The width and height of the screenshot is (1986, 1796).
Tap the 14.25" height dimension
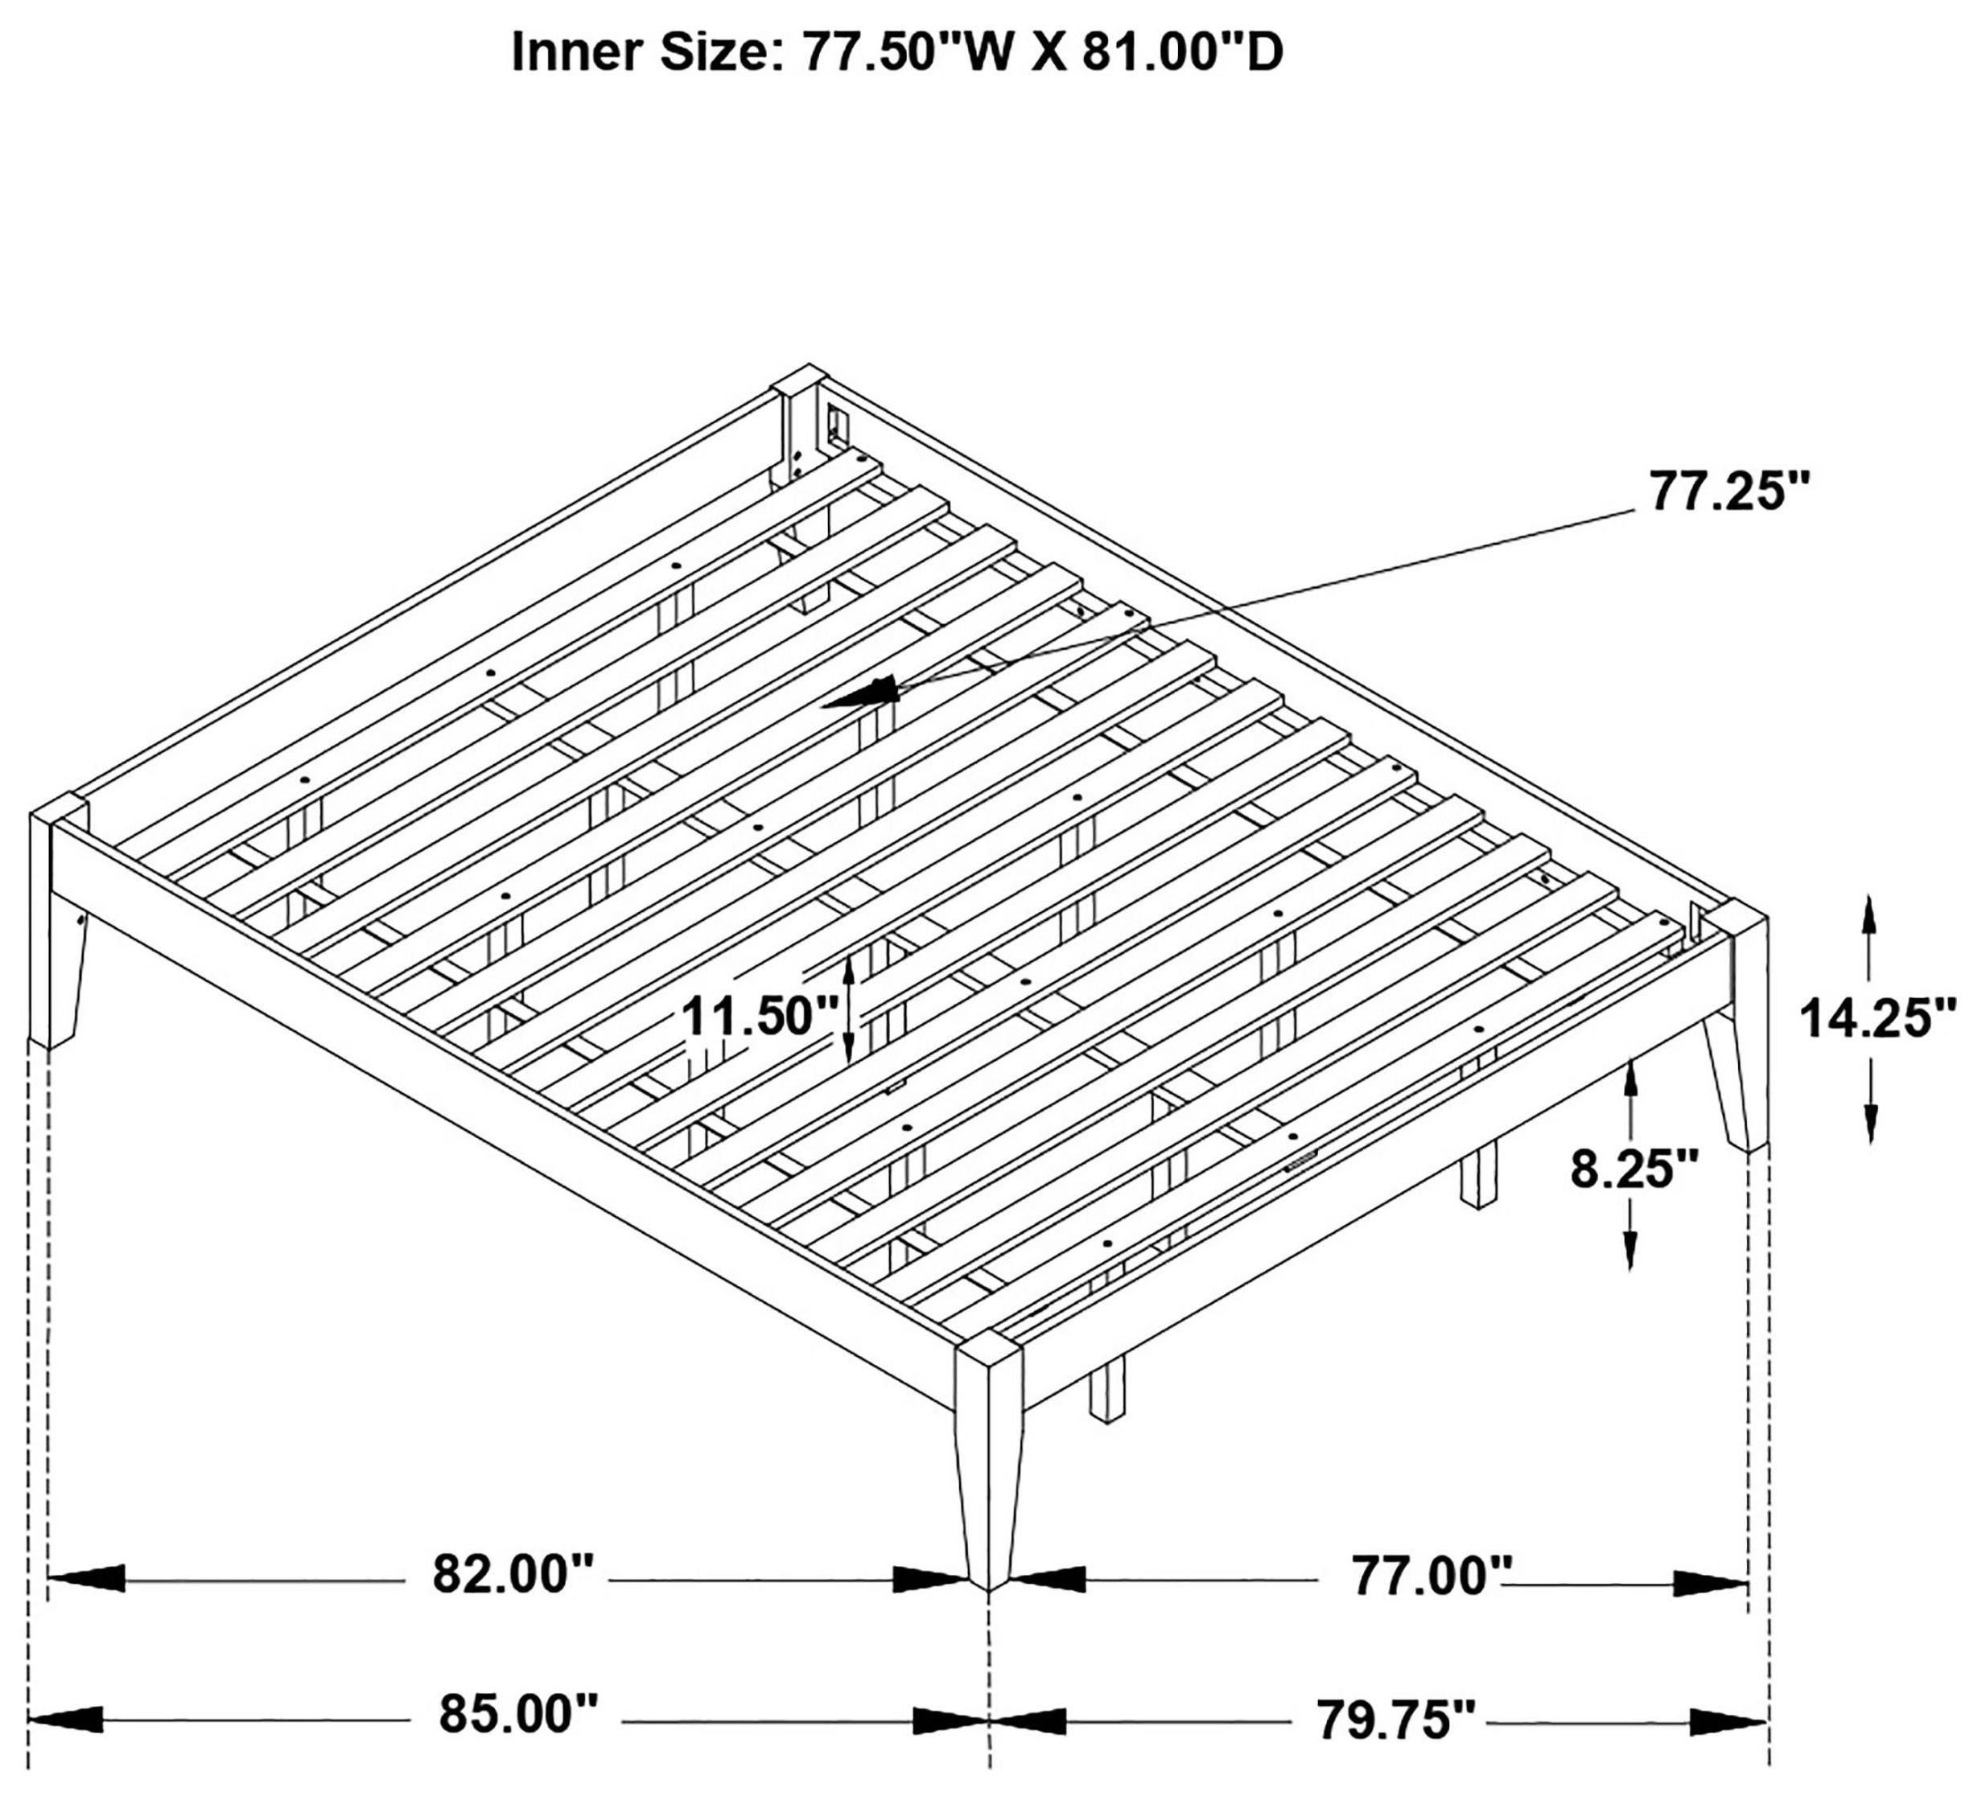pyautogui.click(x=1877, y=1019)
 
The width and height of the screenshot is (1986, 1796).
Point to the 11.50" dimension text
pyautogui.click(x=760, y=1016)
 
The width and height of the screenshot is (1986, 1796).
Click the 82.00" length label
pyautogui.click(x=514, y=1575)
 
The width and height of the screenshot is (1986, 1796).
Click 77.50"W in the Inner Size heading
pyautogui.click(x=905, y=52)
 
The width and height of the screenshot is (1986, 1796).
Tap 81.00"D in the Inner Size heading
pyautogui.click(x=1182, y=52)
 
